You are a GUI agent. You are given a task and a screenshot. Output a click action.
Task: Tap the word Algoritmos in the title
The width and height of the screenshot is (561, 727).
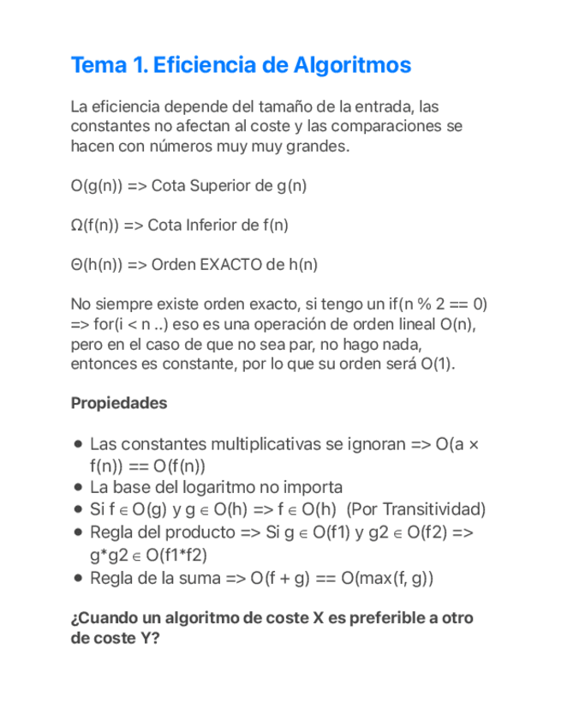[351, 65]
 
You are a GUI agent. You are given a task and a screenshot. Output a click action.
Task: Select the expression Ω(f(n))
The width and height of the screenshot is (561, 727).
[95, 225]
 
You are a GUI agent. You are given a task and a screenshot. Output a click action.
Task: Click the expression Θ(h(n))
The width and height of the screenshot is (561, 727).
[97, 265]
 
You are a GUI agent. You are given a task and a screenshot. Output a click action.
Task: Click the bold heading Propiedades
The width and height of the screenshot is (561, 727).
[119, 402]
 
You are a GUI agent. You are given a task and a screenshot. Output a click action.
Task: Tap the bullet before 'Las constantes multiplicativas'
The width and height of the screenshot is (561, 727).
[79, 445]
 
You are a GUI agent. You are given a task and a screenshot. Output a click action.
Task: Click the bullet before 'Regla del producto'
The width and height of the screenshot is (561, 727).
[79, 532]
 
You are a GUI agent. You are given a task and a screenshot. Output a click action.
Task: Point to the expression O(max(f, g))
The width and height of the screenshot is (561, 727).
[386, 578]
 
